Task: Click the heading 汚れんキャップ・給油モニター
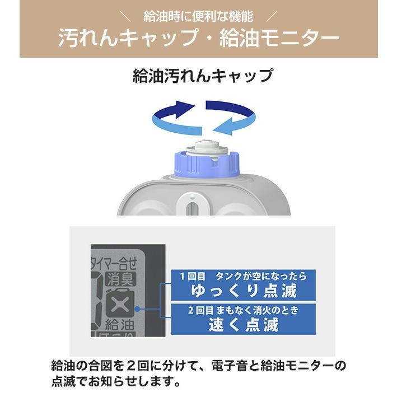[x=198, y=38]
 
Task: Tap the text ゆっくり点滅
[x=243, y=291]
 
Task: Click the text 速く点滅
[x=243, y=324]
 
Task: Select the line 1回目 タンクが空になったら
[x=243, y=276]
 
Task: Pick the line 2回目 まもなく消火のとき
[x=243, y=310]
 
